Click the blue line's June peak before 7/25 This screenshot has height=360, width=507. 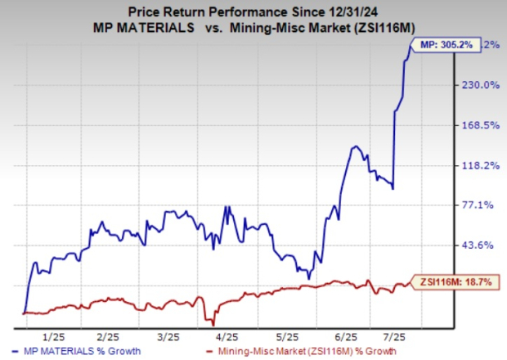(x=355, y=147)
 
